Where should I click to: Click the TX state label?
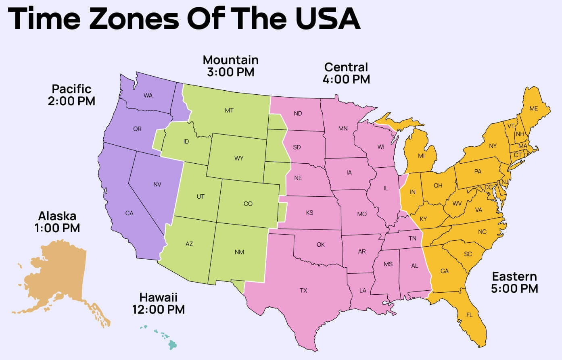point(303,290)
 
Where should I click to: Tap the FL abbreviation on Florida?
point(469,315)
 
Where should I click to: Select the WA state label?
point(148,96)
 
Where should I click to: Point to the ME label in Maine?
point(534,108)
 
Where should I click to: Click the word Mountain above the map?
point(230,60)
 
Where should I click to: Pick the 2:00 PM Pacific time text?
point(71,101)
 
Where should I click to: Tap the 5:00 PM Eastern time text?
point(514,289)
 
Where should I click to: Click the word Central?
point(346,67)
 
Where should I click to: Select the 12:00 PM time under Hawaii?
point(158,310)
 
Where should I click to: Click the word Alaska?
point(57,216)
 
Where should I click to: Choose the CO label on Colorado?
point(248,204)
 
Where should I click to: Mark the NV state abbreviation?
point(157,184)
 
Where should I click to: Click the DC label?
point(489,187)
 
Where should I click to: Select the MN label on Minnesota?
point(343,129)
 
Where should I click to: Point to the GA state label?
point(444,271)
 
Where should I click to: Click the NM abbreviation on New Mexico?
point(239,252)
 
